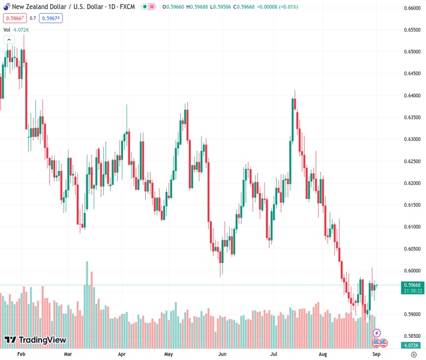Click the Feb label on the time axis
click(x=22, y=355)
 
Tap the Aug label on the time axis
click(x=323, y=355)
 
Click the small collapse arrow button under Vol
click(x=9, y=40)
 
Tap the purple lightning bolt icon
click(x=377, y=332)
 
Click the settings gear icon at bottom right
click(x=413, y=355)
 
